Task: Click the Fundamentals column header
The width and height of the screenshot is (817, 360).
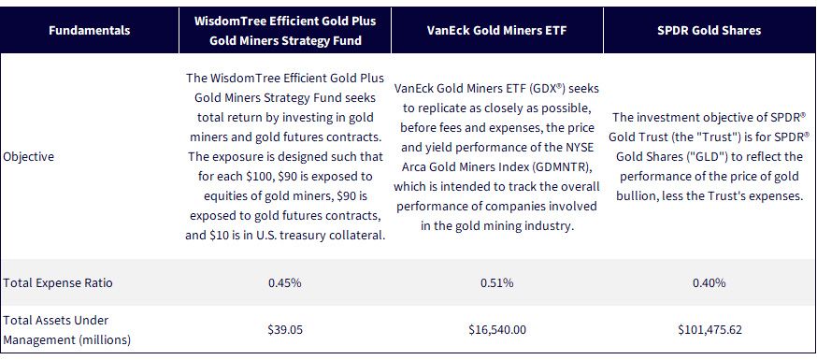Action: coord(89,30)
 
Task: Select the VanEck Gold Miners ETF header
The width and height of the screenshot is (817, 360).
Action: coord(496,30)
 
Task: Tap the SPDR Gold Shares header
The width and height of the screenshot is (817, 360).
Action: coord(709,30)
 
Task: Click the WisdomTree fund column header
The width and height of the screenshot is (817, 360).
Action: coord(285,31)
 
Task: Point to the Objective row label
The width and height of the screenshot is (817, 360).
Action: coord(29,156)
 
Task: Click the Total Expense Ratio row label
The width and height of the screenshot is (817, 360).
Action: coord(58,283)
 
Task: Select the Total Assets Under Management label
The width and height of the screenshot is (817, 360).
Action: coord(66,330)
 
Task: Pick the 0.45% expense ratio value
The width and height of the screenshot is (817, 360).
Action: coord(284,283)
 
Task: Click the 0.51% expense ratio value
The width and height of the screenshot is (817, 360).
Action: coord(496,283)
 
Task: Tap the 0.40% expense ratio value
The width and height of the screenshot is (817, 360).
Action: coord(709,283)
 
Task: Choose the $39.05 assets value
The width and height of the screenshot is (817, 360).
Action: coord(285,330)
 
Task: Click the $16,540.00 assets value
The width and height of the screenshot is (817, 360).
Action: coord(497,330)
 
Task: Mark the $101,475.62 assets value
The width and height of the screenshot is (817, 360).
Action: coord(709,330)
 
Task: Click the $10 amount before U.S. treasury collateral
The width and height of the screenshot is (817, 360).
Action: coord(218,236)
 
